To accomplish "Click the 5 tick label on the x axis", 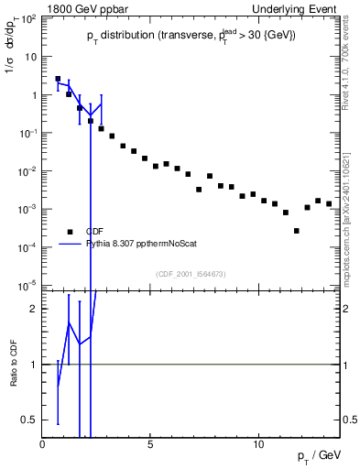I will [x=150, y=442].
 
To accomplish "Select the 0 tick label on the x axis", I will [x=43, y=442].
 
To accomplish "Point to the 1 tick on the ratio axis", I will [x=34, y=365].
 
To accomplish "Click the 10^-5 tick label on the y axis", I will [x=28, y=285].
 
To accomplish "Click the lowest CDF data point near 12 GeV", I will [x=297, y=231].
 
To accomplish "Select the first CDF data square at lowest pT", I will [x=58, y=79].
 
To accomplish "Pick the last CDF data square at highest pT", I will [x=329, y=203].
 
